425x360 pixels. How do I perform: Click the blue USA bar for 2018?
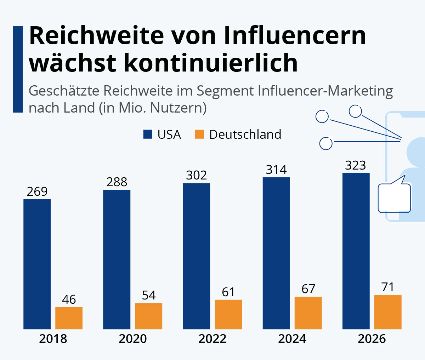coord(37,264)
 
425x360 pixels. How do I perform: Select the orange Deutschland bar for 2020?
coord(149,316)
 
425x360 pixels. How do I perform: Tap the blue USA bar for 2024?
coord(276,253)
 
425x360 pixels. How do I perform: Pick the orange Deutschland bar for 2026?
coord(388,312)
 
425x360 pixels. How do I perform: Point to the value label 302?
coord(196,175)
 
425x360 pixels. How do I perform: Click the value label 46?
coord(69,299)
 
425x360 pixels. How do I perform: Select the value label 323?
coord(355,165)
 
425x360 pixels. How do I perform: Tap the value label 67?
coord(308,289)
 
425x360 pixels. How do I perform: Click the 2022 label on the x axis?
coord(212,339)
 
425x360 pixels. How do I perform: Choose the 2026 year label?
coord(372,339)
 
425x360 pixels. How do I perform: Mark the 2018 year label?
coord(53,339)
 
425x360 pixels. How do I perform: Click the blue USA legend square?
coord(148,134)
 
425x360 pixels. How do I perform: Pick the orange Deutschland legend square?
coord(199,134)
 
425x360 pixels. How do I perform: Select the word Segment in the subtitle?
coord(225,91)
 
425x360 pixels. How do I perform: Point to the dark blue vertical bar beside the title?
coord(17,69)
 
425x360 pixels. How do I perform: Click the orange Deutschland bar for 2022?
coord(228,314)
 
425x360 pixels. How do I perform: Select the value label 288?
coord(117,182)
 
